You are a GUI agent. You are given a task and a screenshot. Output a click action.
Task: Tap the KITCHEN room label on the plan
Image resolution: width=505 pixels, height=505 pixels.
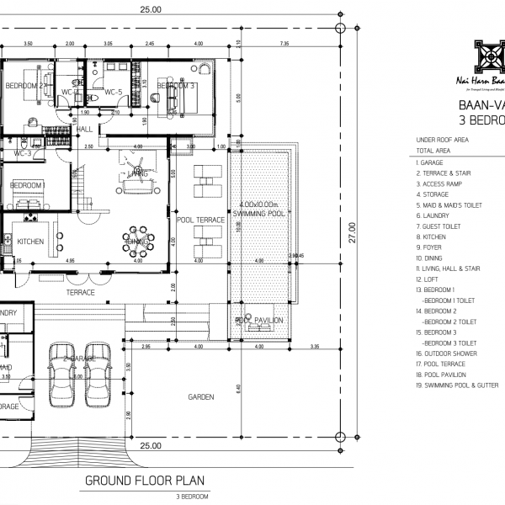point(30,242)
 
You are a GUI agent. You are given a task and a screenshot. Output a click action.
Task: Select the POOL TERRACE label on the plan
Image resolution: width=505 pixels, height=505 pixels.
point(200,220)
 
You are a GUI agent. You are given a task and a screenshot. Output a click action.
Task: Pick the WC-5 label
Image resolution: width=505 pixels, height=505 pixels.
point(114,92)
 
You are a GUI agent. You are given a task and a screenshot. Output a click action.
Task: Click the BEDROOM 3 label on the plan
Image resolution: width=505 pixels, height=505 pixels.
point(176,86)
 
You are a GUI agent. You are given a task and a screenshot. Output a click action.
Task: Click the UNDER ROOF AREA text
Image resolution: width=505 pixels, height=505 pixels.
point(443,140)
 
